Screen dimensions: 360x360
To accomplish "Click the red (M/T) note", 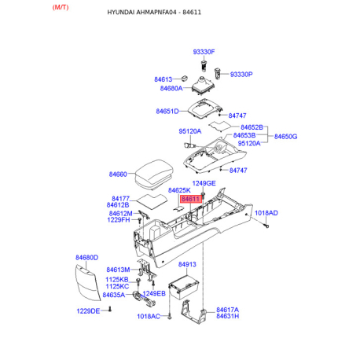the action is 61,7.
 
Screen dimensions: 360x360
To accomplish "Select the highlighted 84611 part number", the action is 190,199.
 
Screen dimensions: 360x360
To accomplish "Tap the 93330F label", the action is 204,52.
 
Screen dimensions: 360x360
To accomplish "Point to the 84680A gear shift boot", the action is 203,86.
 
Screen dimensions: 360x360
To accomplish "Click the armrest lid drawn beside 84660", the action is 154,174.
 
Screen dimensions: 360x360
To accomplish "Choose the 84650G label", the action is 285,137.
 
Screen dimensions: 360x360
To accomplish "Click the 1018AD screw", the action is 266,225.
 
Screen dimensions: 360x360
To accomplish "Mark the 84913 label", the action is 187,264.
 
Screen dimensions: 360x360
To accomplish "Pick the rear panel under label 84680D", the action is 88,283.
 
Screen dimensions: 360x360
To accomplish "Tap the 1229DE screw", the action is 110,309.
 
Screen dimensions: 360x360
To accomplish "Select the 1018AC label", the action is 149,317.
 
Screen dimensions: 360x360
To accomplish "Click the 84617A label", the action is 227,310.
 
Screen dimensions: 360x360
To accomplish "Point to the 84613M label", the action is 118,270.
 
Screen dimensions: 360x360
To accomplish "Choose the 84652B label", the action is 252,127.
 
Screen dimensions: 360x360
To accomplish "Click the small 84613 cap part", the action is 185,78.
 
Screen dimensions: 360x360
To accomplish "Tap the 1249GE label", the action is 204,183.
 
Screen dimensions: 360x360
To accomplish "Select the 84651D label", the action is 167,112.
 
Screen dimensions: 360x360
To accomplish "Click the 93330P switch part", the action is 218,73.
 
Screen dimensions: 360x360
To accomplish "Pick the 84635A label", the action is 114,295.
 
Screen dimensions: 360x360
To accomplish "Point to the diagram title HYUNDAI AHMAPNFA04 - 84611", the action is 154,13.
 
